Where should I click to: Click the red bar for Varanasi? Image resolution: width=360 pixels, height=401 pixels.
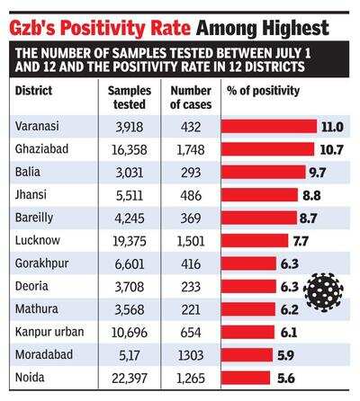(269, 126)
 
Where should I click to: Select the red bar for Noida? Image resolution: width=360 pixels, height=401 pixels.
(246, 378)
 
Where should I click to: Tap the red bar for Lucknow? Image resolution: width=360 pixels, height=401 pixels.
(255, 241)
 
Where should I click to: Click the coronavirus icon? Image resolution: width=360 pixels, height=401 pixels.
(323, 292)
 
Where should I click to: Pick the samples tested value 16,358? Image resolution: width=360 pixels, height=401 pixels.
(130, 149)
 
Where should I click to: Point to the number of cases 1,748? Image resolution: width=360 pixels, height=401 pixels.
(191, 149)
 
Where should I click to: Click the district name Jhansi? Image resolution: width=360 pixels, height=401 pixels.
(31, 195)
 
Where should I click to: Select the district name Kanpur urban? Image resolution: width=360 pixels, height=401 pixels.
(49, 332)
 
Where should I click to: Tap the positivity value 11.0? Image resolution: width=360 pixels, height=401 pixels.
(332, 127)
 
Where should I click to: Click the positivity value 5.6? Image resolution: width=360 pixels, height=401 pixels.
(286, 379)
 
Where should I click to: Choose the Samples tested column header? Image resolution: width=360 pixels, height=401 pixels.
(130, 97)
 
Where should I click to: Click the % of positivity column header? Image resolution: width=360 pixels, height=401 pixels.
(263, 91)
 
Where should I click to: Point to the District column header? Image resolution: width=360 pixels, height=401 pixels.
(33, 91)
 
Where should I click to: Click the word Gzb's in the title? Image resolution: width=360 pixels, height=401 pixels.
(32, 28)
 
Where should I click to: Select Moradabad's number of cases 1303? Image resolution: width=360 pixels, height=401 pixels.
(191, 355)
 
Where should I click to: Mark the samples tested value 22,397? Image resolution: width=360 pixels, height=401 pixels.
(130, 379)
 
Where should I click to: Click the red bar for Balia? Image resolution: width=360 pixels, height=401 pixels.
(264, 172)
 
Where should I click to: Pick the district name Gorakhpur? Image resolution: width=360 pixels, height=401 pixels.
(42, 263)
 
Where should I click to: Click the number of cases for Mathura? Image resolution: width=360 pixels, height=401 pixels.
(191, 309)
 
